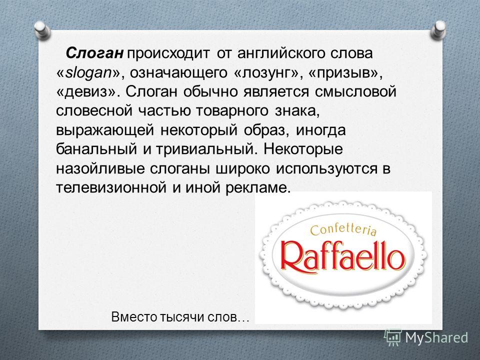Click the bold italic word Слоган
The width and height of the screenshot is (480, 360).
coord(94,53)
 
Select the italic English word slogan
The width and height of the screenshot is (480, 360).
coord(89,73)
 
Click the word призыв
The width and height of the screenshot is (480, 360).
coord(344,73)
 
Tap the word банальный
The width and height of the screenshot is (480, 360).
coord(96,149)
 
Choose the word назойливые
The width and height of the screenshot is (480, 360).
coord(100,168)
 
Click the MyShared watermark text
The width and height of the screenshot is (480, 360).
coord(436,337)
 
